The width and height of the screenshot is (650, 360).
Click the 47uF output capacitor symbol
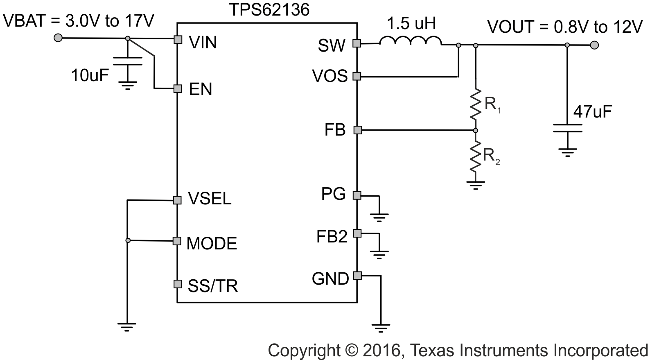click(567, 128)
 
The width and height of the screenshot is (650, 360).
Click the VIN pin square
click(177, 39)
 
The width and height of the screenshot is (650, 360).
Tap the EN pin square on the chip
click(177, 88)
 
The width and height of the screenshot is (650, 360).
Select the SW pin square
click(357, 43)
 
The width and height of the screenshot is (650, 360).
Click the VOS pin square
click(357, 76)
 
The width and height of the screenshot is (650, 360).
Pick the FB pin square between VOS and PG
click(357, 130)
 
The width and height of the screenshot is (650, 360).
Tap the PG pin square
click(357, 195)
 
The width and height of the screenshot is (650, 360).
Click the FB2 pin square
click(357, 233)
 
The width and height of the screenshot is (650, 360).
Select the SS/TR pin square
click(177, 283)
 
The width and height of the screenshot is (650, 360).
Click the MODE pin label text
click(212, 244)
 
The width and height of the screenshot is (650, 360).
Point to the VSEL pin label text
click(210, 199)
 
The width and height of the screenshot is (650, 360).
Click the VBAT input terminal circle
click(58, 38)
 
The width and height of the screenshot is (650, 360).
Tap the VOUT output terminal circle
click(594, 45)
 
